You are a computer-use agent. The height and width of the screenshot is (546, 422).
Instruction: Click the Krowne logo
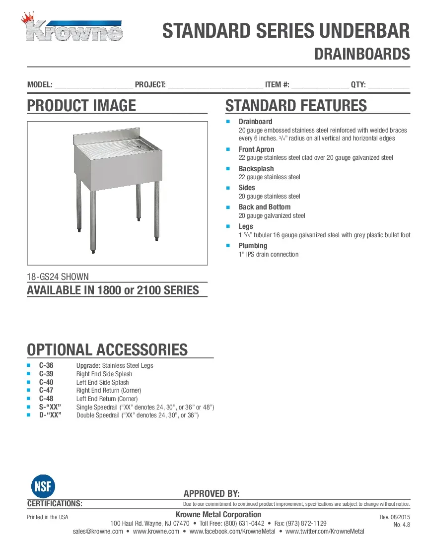[74, 29]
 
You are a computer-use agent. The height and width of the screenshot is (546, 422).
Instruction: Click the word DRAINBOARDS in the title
[362, 54]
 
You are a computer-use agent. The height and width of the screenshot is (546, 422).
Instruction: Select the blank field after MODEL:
[93, 85]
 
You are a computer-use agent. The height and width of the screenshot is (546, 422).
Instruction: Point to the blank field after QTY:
[388, 85]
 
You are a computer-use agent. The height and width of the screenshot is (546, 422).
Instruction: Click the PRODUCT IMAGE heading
[81, 106]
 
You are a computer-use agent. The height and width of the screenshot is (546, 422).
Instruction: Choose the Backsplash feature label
[256, 169]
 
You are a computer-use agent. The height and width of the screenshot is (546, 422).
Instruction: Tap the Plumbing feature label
[253, 246]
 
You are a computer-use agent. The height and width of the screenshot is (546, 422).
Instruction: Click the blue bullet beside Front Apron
[228, 149]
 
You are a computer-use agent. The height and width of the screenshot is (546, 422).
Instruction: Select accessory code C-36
[46, 365]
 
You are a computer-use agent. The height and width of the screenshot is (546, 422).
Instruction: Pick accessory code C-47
[46, 391]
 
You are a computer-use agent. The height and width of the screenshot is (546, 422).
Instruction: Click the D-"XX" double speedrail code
[50, 415]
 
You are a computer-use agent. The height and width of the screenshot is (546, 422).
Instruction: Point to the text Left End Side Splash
[102, 382]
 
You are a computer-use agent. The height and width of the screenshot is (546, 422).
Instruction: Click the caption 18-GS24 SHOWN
[58, 277]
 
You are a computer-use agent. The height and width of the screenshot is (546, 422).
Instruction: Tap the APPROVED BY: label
[211, 493]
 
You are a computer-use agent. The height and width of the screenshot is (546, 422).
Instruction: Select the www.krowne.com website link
[156, 532]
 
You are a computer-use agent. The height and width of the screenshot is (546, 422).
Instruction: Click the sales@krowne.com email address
[98, 532]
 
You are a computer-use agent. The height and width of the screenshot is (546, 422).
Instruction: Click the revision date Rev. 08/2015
[395, 517]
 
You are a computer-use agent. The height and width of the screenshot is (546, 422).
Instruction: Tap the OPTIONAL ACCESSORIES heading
[107, 349]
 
